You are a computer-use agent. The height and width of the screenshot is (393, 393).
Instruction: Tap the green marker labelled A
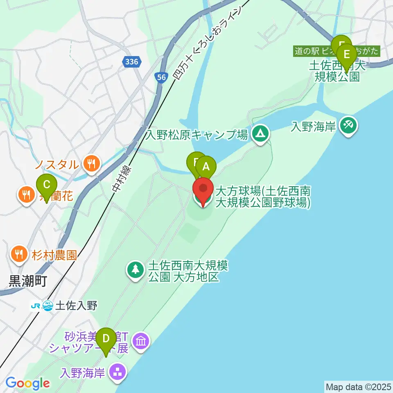tap(206, 167)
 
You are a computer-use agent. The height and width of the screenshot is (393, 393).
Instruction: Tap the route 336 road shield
tap(132, 62)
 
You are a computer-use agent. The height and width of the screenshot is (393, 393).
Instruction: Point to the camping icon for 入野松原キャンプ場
tap(260, 133)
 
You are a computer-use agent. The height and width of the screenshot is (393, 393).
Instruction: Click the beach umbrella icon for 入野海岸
tap(349, 126)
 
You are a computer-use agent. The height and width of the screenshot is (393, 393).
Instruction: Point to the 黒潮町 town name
tap(27, 281)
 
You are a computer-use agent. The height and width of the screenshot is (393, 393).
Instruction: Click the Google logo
tap(27, 383)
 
